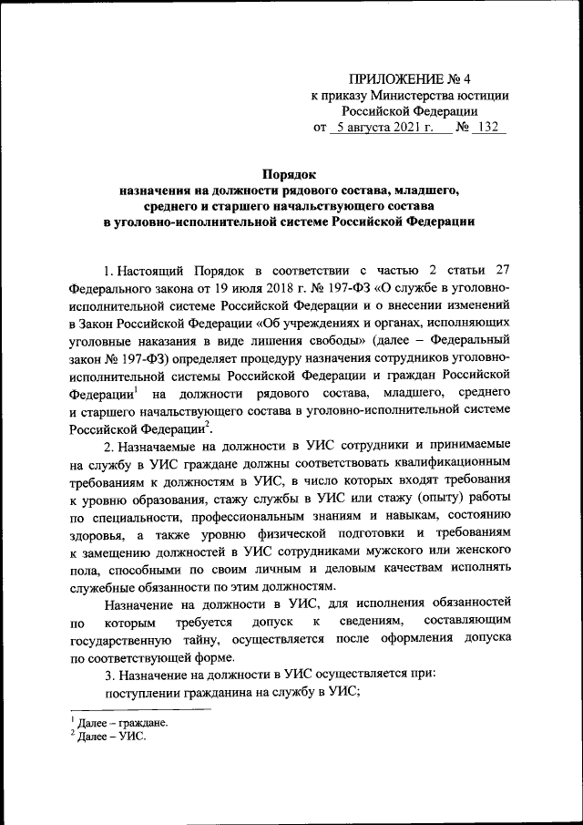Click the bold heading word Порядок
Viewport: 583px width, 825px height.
289,172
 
